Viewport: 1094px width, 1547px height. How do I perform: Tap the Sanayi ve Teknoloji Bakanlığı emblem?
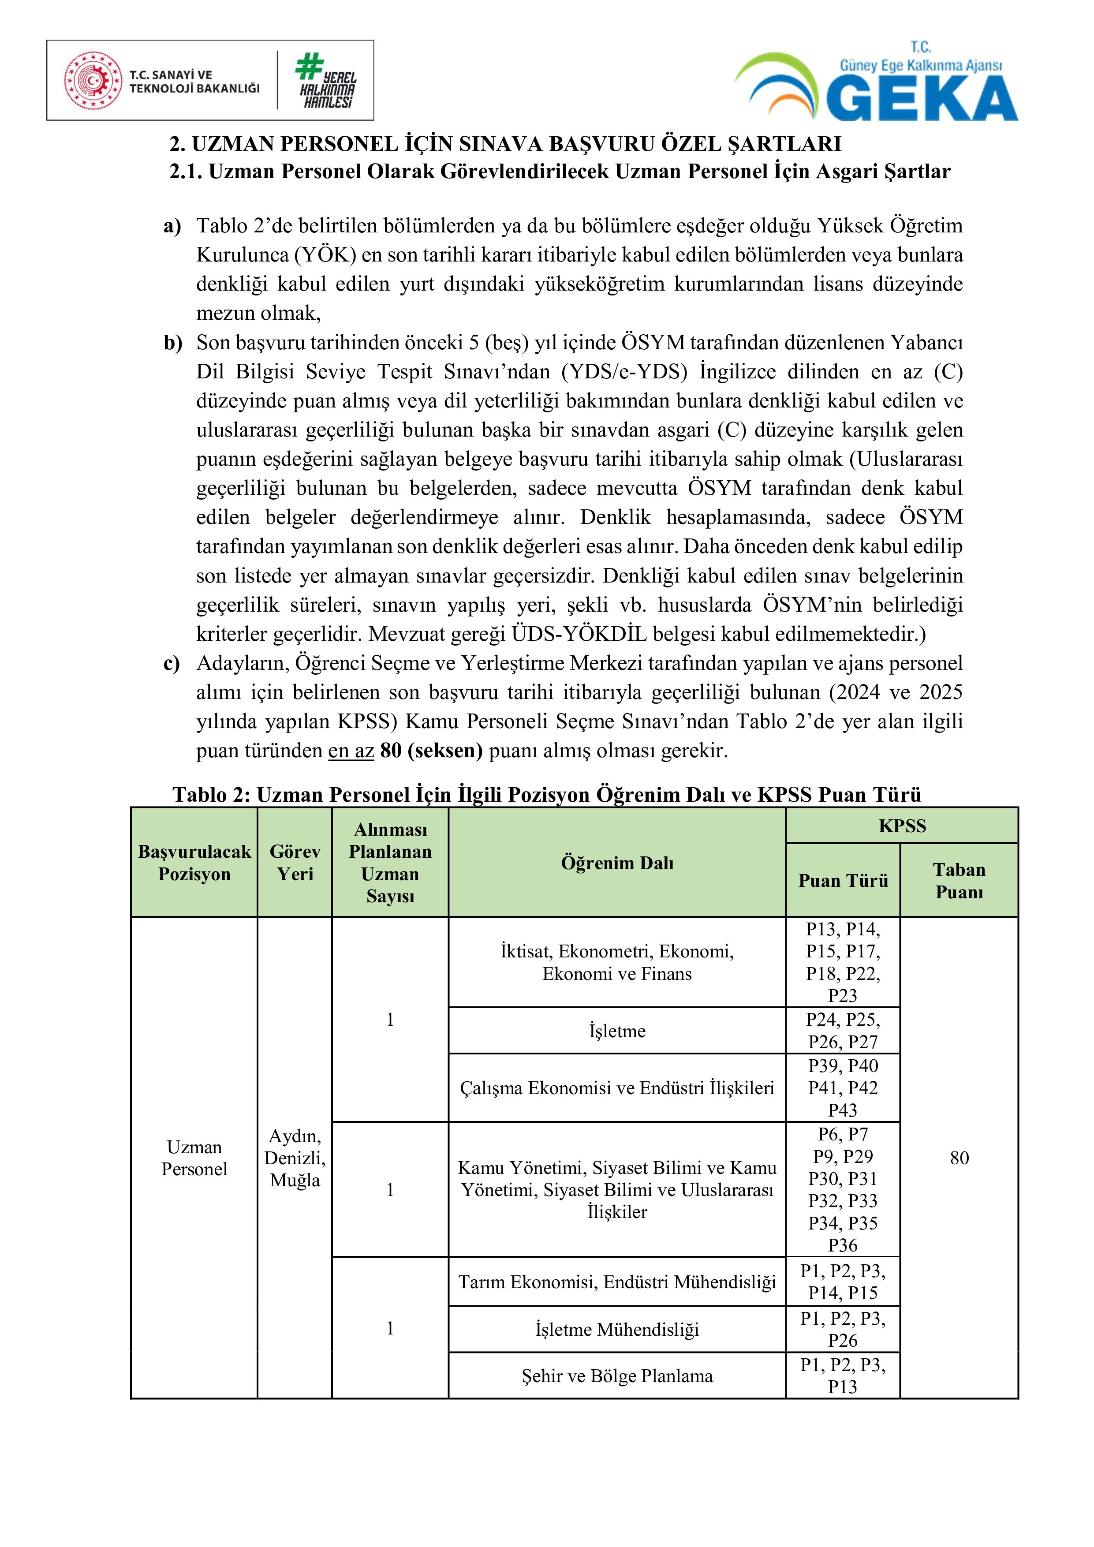coord(93,81)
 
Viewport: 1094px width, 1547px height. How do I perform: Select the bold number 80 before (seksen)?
coord(391,751)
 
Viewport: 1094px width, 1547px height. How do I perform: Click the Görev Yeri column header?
coord(295,863)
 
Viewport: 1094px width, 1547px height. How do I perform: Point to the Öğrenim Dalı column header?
coord(617,863)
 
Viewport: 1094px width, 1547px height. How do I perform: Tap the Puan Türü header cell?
coord(843,881)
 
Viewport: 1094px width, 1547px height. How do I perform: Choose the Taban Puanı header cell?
coord(959,881)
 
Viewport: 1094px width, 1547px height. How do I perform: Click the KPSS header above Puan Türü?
coord(902,826)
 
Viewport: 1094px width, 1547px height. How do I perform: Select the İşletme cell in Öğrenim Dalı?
coord(617,1031)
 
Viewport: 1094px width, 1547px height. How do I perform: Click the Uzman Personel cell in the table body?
coord(194,1158)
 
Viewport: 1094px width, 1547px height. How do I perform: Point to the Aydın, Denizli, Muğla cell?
coord(295,1158)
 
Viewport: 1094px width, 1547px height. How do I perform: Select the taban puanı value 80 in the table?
coord(959,1158)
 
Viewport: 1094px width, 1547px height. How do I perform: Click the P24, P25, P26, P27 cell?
coord(843,1031)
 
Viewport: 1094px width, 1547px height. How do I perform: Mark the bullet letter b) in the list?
coord(172,343)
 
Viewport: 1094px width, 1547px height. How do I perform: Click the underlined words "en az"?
coord(351,751)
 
